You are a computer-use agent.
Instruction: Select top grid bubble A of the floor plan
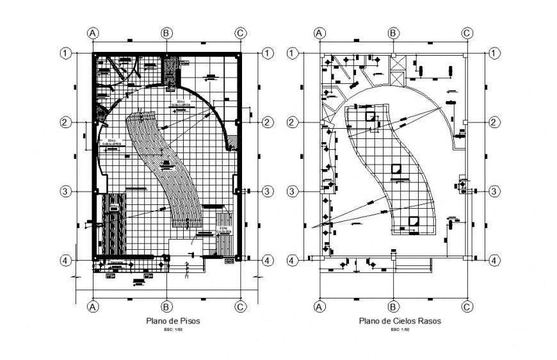(93, 33)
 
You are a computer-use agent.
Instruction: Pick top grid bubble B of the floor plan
(166, 33)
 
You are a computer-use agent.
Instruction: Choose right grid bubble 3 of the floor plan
(268, 191)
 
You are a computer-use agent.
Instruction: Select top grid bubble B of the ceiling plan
(393, 33)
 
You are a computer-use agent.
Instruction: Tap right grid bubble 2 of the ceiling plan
(495, 122)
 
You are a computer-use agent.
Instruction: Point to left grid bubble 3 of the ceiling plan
(292, 191)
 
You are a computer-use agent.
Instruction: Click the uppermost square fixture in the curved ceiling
(371, 117)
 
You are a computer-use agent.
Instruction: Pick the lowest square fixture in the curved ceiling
(414, 222)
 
